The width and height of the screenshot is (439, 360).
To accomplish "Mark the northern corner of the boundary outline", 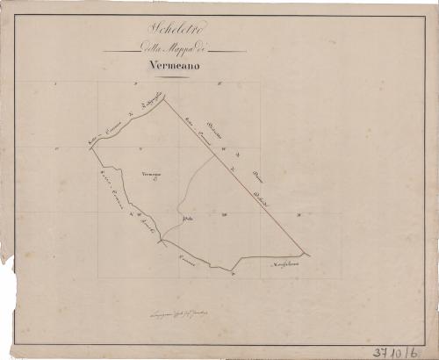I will (x=163, y=99).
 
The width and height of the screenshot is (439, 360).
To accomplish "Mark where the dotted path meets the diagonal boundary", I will (x=213, y=158).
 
